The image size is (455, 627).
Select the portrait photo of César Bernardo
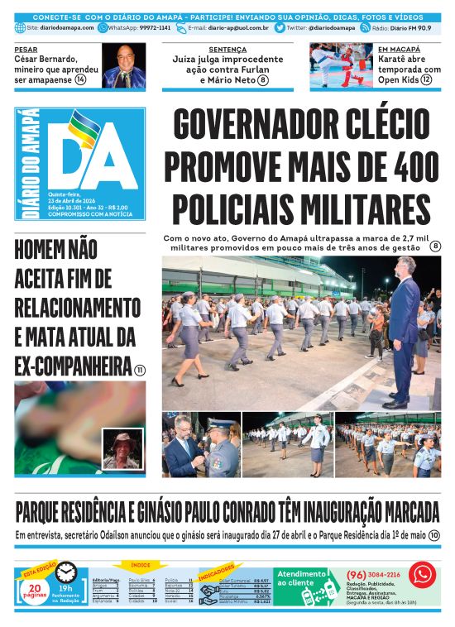tap(123, 65)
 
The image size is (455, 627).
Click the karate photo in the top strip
tap(340, 65)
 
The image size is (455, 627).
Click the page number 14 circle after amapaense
tap(80, 79)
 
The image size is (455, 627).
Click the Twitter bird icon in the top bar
tap(280, 27)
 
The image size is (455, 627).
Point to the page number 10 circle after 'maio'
tap(433, 536)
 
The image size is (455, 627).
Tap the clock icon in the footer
tap(66, 572)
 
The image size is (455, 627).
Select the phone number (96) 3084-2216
tap(374, 574)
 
